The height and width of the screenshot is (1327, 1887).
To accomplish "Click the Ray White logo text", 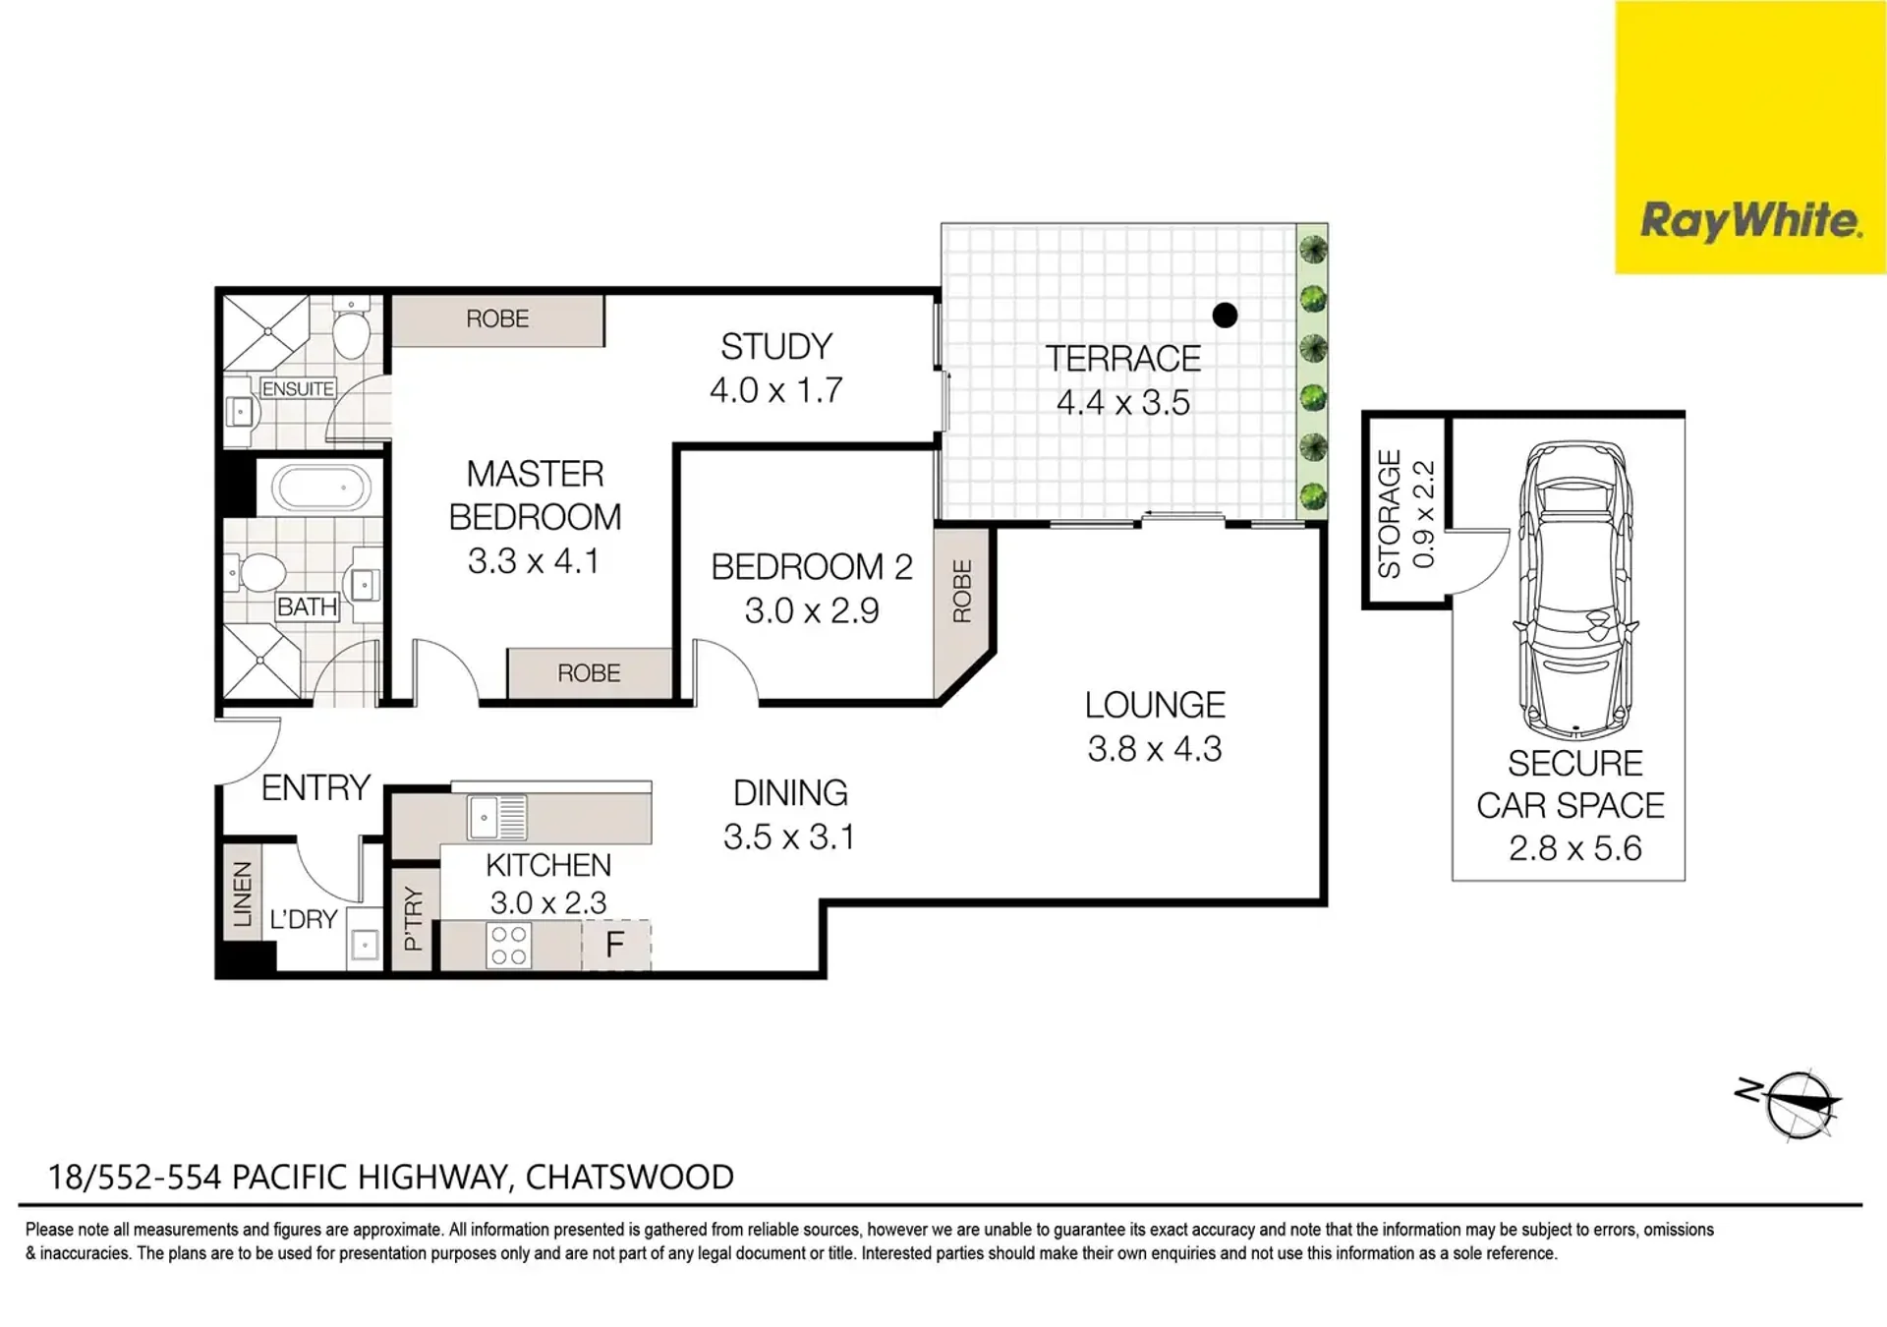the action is [x=1751, y=221].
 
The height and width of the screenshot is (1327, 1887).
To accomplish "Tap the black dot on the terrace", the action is [x=1225, y=315].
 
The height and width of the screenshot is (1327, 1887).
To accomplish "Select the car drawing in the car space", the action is [x=1576, y=591].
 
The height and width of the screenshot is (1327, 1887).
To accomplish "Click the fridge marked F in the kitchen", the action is [x=615, y=945].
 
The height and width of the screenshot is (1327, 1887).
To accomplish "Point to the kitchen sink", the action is [x=497, y=818].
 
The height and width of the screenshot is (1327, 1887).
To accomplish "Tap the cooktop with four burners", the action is [x=508, y=946].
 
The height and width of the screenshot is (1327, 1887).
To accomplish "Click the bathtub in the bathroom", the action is [x=320, y=488].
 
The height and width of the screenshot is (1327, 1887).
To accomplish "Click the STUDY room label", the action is [x=776, y=347].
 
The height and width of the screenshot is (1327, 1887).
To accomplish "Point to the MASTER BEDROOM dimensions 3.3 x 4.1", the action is [x=534, y=561].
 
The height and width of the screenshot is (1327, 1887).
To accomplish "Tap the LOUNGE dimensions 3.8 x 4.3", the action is [x=1155, y=749].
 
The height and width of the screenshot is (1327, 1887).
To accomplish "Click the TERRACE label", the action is [x=1123, y=359].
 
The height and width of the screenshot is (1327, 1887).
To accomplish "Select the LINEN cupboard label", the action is [x=242, y=894].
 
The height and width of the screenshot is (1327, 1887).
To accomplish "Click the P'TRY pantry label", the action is [x=413, y=919].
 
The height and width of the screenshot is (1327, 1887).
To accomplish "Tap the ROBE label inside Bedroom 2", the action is [x=962, y=592].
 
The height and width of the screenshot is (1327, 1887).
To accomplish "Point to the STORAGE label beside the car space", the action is [x=1389, y=514].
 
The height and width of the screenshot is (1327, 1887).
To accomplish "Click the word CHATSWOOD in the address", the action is [x=630, y=1177].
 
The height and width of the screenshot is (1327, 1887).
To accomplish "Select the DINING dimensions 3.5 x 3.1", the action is [x=789, y=837].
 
